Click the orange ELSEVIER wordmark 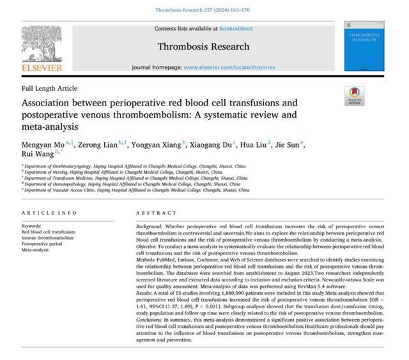tap(42, 67)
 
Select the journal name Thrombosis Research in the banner tap(204, 46)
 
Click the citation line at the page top tap(204, 10)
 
